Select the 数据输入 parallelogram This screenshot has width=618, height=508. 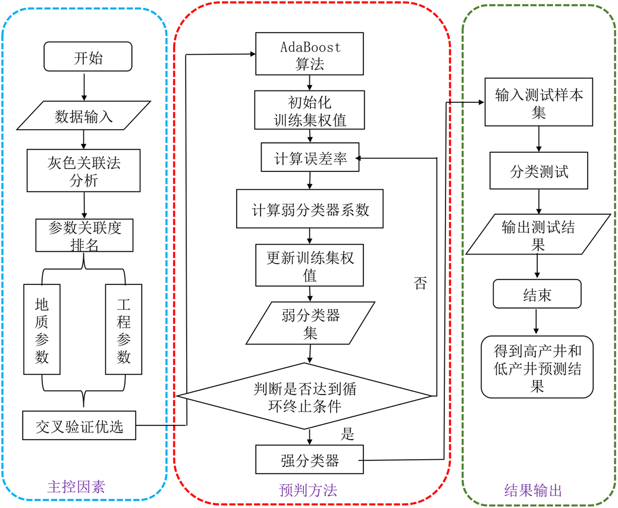tap(84, 116)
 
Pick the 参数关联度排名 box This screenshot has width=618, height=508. tap(84, 236)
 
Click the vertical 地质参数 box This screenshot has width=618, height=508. tap(42, 329)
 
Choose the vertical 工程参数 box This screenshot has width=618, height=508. tap(123, 329)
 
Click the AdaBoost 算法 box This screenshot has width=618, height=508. tap(310, 54)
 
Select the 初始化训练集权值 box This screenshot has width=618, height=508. tap(310, 109)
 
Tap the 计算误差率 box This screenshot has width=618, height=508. tap(310, 158)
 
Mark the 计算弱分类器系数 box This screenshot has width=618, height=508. tap(310, 209)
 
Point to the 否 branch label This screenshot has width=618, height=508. tap(420, 283)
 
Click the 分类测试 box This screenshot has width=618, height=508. tap(538, 171)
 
